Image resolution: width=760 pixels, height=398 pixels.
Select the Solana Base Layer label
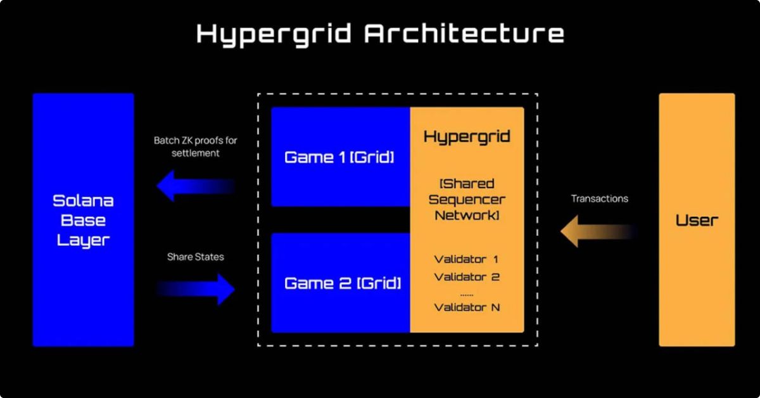(x=84, y=221)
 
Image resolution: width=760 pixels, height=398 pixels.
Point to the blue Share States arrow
(x=196, y=289)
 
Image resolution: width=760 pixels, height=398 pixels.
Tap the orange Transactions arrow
(x=598, y=231)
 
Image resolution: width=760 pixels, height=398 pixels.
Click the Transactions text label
(x=600, y=199)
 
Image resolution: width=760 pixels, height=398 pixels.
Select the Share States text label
(x=196, y=257)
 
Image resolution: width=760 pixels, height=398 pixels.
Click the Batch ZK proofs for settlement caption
(x=196, y=146)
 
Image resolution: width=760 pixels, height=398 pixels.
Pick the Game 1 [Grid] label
(x=339, y=157)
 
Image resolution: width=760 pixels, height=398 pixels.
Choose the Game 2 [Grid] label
(x=343, y=283)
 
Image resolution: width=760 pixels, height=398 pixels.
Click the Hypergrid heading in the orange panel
(x=467, y=137)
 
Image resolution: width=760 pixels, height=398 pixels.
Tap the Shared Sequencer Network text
(x=467, y=200)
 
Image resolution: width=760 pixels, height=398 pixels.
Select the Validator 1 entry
(x=467, y=259)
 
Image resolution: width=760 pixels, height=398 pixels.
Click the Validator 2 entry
(x=467, y=277)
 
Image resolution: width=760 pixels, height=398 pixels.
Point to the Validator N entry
(x=467, y=307)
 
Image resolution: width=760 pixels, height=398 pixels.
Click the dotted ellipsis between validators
(x=467, y=293)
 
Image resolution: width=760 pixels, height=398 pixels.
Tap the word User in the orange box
(x=697, y=221)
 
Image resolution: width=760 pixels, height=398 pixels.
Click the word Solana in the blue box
(x=84, y=202)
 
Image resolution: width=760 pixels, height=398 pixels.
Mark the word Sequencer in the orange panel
(x=467, y=200)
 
